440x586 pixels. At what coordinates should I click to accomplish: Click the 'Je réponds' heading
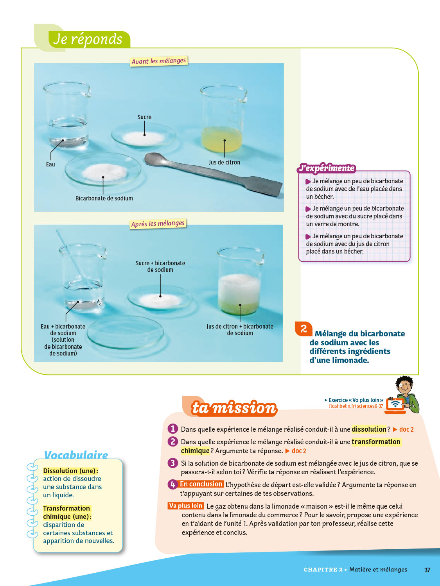pyautogui.click(x=88, y=39)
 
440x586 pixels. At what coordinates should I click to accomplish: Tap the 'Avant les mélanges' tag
pyautogui.click(x=159, y=61)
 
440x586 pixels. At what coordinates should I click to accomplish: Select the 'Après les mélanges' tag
pyautogui.click(x=158, y=224)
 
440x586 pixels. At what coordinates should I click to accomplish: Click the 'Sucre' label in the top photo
pyautogui.click(x=144, y=117)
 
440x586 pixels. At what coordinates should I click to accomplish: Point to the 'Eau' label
pyautogui.click(x=50, y=164)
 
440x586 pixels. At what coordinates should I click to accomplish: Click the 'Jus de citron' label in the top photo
pyautogui.click(x=224, y=163)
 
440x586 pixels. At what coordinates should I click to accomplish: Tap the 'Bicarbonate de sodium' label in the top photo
pyautogui.click(x=104, y=198)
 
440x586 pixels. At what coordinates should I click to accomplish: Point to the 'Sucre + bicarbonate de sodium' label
pyautogui.click(x=160, y=266)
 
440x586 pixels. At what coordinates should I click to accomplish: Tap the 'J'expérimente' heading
pyautogui.click(x=327, y=168)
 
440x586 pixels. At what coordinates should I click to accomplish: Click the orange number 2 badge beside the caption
pyautogui.click(x=304, y=329)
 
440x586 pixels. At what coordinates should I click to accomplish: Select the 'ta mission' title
pyautogui.click(x=234, y=408)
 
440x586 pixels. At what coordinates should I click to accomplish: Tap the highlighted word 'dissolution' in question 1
pyautogui.click(x=369, y=429)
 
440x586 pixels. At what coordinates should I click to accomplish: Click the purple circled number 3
pyautogui.click(x=172, y=463)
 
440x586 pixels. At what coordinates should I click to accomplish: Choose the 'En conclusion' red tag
pyautogui.click(x=201, y=484)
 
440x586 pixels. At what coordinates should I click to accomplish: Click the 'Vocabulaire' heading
pyautogui.click(x=76, y=455)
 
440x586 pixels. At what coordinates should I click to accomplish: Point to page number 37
pyautogui.click(x=427, y=570)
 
